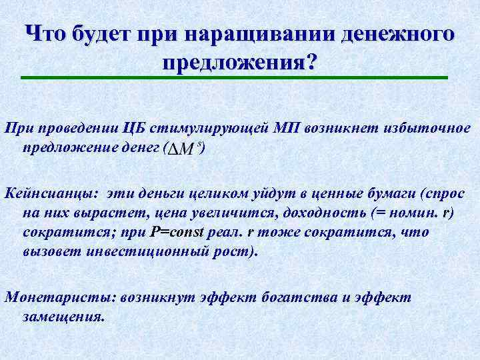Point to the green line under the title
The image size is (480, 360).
234,78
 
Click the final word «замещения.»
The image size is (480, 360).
63,317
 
